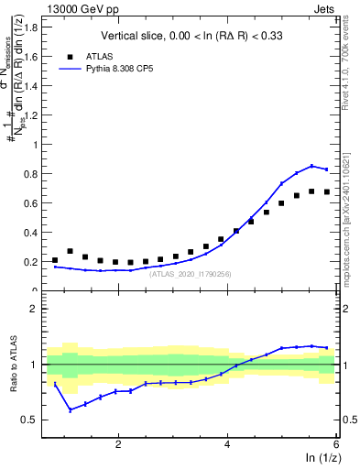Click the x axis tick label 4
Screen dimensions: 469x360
coord(227,444)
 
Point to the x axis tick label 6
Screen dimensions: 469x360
coord(336,444)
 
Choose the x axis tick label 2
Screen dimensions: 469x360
coord(118,444)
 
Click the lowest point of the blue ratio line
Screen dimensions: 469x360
coord(71,409)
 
